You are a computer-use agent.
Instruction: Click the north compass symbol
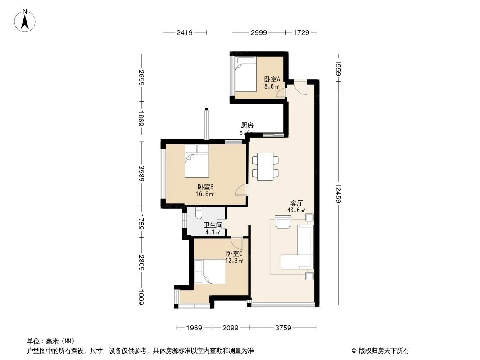click(x=26, y=20)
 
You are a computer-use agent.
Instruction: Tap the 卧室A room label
click(x=272, y=79)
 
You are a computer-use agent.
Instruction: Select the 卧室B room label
click(x=205, y=187)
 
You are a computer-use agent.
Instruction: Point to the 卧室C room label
click(x=234, y=253)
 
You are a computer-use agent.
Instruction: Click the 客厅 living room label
click(x=296, y=203)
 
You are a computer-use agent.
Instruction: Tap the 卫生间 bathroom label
click(x=213, y=225)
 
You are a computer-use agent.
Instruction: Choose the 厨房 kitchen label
click(x=247, y=125)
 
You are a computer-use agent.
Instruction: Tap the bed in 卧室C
click(x=210, y=271)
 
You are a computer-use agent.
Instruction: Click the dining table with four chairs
click(x=265, y=166)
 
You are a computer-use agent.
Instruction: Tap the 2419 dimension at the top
click(x=185, y=32)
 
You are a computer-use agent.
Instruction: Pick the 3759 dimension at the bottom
click(x=283, y=328)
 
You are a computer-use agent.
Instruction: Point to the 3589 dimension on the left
click(x=141, y=174)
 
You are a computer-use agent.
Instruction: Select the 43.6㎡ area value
click(x=296, y=210)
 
